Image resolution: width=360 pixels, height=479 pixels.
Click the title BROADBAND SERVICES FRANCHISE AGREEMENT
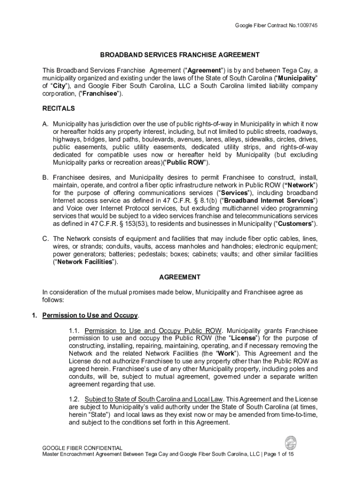coord(180,55)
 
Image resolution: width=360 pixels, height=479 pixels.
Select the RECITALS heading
coord(58,109)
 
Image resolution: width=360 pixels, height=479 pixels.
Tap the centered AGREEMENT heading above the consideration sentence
coord(180,277)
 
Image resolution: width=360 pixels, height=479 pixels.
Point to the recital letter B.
coord(45,178)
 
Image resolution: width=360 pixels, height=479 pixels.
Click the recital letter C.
coord(45,239)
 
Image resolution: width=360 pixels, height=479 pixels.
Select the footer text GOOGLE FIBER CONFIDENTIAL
coord(82,448)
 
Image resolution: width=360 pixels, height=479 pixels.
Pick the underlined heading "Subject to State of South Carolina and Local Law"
coord(154,399)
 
